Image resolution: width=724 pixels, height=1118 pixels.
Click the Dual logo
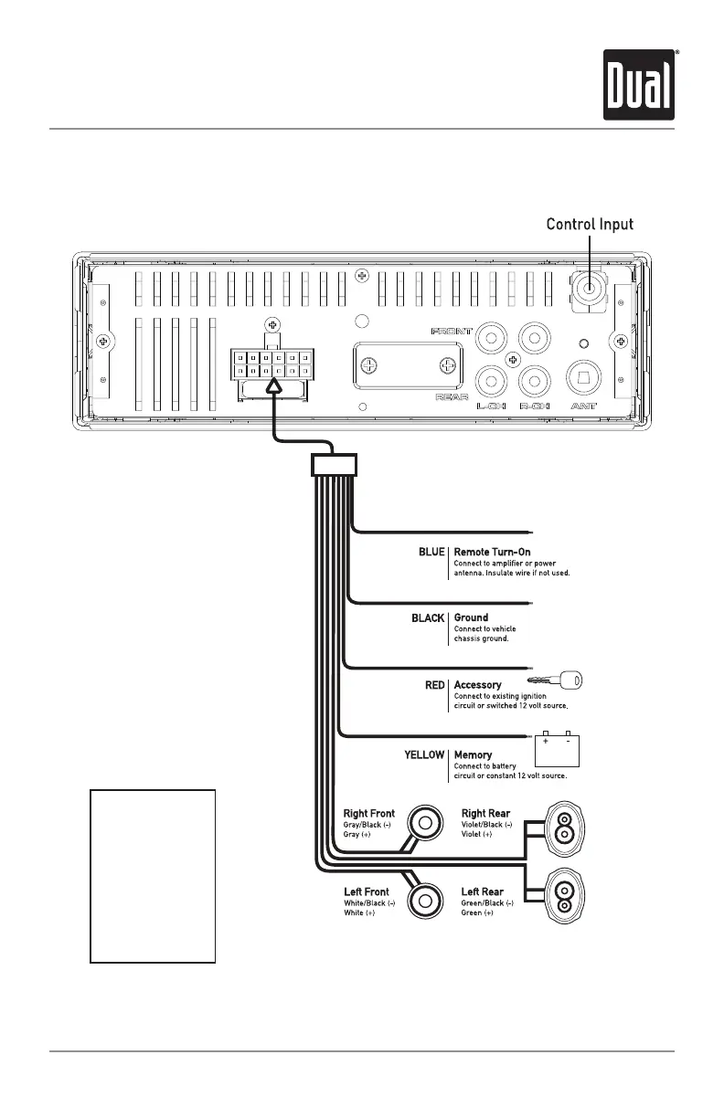(638, 84)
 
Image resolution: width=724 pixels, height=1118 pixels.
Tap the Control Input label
(590, 224)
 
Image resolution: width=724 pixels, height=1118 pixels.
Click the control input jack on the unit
(590, 289)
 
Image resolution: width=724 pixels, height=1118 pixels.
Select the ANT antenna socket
(585, 375)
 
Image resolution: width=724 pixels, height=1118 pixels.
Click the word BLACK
(428, 618)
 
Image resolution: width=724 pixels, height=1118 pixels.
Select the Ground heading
(471, 618)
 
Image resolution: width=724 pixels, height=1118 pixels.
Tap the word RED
(435, 685)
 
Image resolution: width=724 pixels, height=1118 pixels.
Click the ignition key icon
(559, 680)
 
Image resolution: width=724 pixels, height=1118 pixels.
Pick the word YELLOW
(424, 755)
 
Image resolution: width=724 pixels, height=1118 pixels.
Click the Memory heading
(474, 755)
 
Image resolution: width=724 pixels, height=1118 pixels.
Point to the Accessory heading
(477, 685)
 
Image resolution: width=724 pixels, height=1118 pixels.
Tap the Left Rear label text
(482, 891)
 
